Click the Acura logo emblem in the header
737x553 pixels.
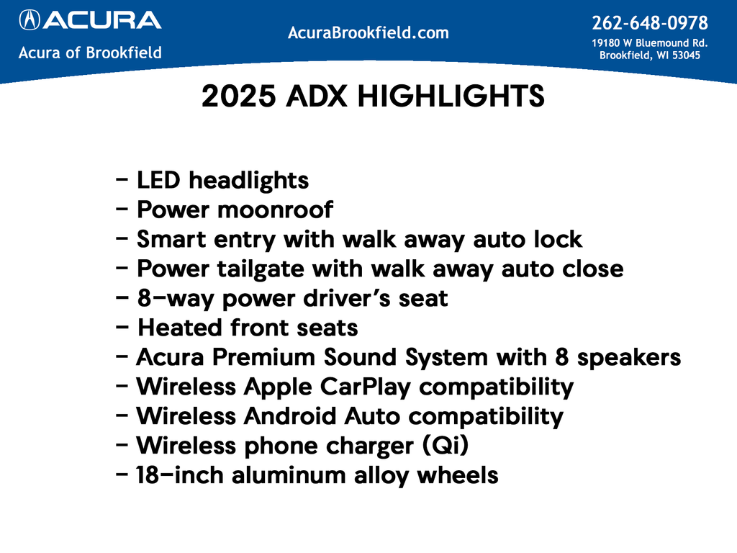point(30,19)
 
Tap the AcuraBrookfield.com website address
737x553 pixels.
point(368,32)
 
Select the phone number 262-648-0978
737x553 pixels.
point(649,23)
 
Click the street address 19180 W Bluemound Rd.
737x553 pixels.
point(649,42)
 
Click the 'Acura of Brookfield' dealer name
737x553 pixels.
point(90,53)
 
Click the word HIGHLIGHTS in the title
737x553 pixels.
point(451,97)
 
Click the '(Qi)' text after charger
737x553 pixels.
point(449,446)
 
